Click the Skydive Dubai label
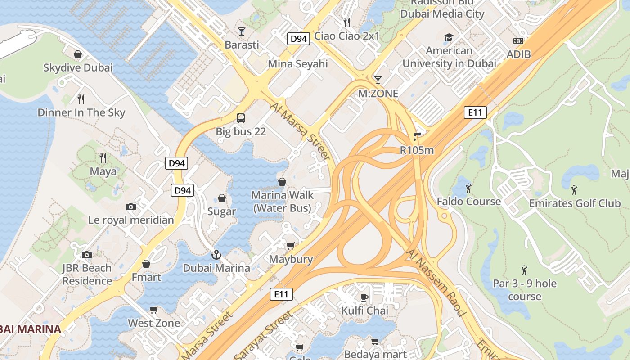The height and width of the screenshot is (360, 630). click(x=78, y=68)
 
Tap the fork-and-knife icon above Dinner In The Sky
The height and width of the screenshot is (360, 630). click(x=81, y=99)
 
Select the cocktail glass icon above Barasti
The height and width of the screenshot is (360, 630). click(x=242, y=31)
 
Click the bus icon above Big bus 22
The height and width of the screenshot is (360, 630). click(x=241, y=118)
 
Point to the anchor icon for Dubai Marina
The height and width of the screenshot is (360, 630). click(x=216, y=255)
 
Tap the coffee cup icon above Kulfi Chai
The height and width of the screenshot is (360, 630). click(x=364, y=297)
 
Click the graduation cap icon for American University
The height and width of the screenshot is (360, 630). click(x=449, y=37)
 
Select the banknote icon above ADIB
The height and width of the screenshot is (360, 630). click(x=518, y=41)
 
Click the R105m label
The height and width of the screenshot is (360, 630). click(x=417, y=150)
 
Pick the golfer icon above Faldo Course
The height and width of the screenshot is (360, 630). click(x=468, y=188)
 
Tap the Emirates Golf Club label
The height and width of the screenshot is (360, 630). click(x=575, y=203)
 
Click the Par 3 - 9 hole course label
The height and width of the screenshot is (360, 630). click(x=525, y=290)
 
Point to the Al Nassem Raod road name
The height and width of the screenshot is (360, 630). click(x=435, y=282)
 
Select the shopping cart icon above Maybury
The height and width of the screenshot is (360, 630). click(x=290, y=246)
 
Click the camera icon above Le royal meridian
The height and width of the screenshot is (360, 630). click(x=131, y=207)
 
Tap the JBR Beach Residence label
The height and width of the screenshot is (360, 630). click(x=87, y=274)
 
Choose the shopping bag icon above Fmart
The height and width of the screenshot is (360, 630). click(x=146, y=264)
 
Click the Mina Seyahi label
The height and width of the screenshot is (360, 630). click(x=298, y=64)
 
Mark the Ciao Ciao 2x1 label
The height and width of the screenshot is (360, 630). click(x=347, y=36)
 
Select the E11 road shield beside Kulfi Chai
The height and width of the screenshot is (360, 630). click(x=282, y=295)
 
